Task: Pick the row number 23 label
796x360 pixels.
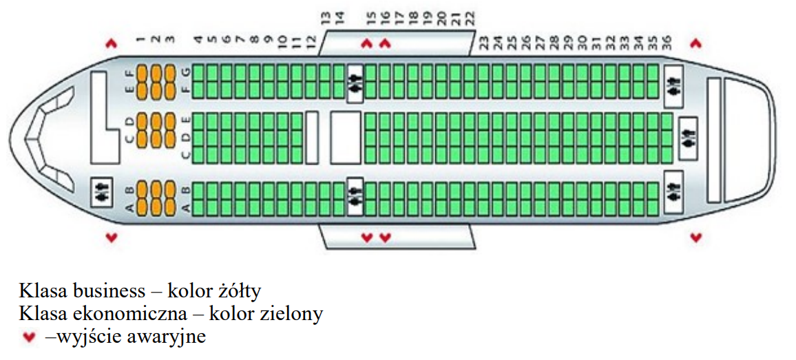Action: coord(484,44)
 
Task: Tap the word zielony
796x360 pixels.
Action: coord(291,314)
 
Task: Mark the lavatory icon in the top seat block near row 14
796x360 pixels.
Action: coord(355,82)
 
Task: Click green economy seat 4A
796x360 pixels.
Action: coord(198,204)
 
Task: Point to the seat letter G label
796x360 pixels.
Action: coord(185,71)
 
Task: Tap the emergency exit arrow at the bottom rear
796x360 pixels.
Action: coord(696,238)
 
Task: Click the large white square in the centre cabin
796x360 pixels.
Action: coord(345,138)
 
